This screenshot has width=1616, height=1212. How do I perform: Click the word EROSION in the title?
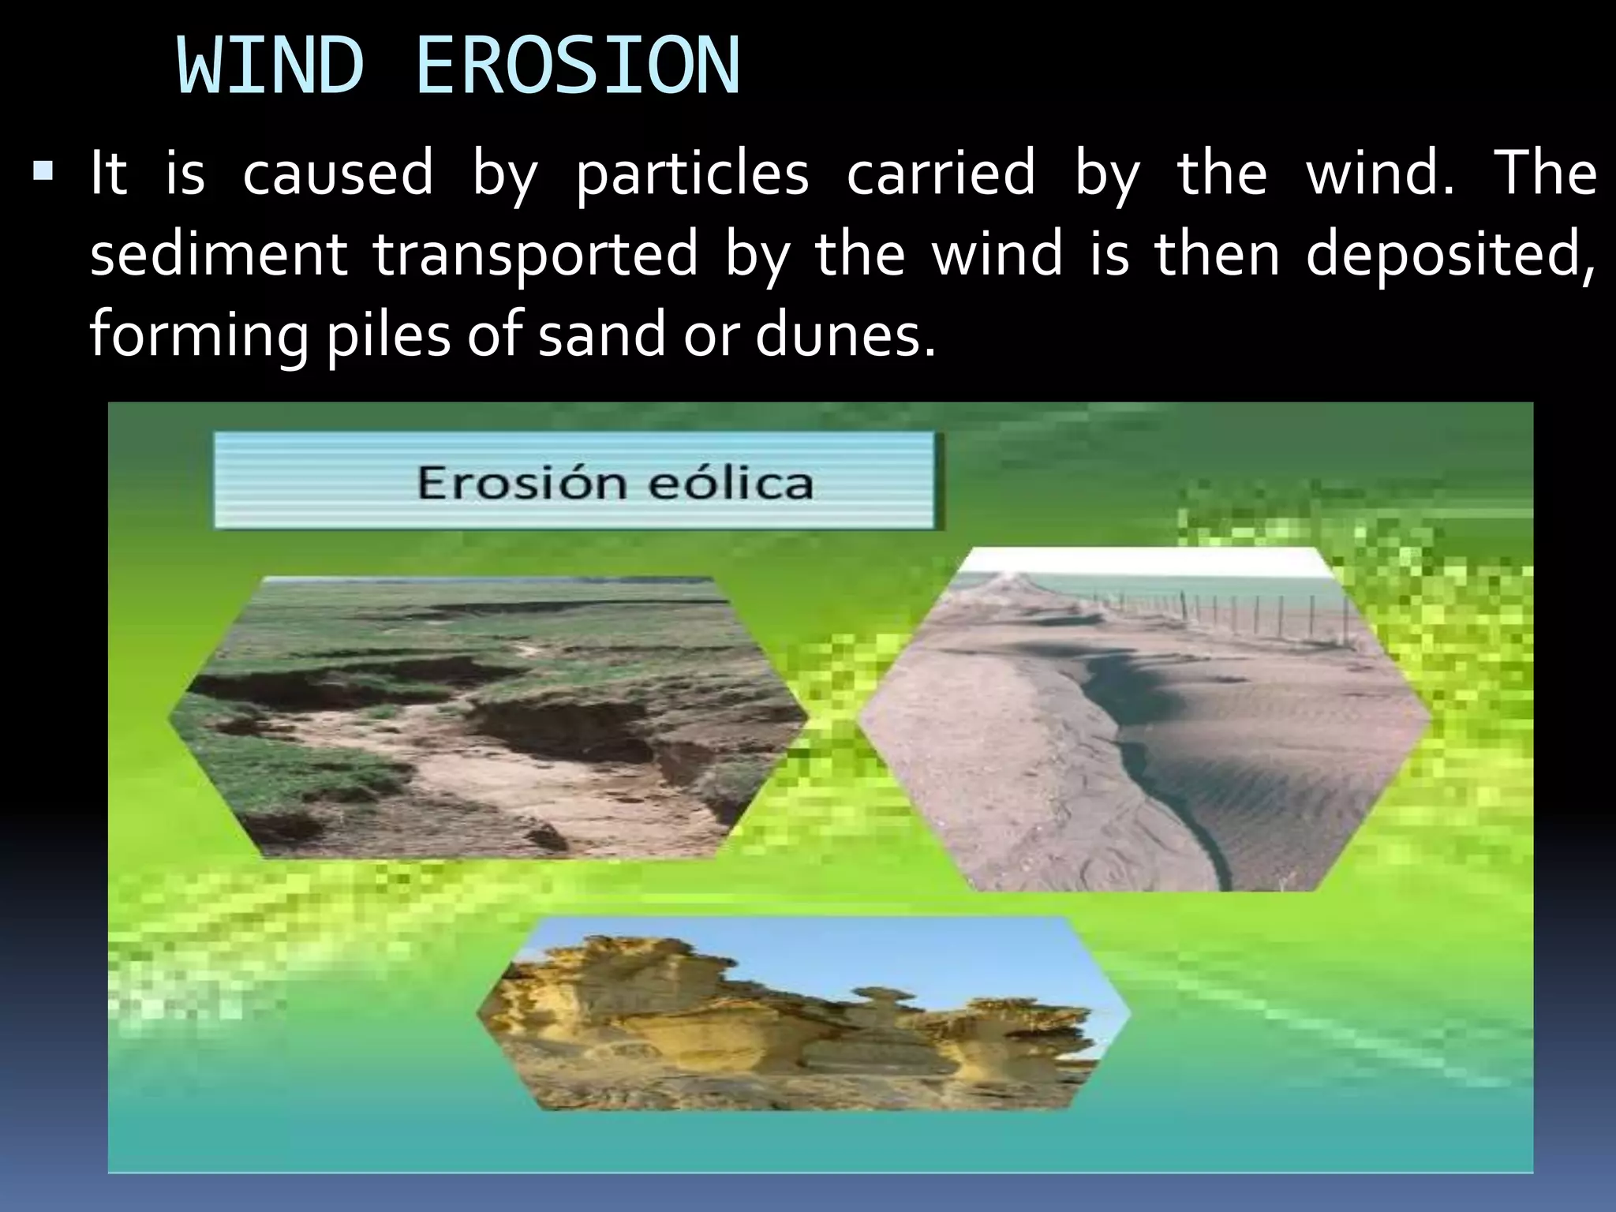tap(578, 67)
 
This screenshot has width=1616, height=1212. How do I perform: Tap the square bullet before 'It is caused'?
tap(42, 170)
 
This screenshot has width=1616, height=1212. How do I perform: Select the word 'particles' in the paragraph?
tap(692, 174)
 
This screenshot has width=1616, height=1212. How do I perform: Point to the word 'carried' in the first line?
tap(941, 173)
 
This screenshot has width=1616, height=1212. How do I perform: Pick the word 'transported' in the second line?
tap(536, 256)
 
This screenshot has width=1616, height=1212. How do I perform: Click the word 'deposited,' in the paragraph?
tap(1450, 256)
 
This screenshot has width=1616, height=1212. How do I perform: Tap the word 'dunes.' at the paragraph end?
tap(845, 335)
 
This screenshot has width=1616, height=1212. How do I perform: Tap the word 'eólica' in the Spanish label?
tap(731, 482)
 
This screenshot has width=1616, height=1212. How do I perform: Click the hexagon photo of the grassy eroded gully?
tap(488, 717)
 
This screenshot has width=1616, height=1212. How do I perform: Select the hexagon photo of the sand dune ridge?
tap(1144, 718)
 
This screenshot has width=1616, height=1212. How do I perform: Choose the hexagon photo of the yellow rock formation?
tap(803, 1014)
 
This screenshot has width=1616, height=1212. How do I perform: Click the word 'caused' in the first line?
tap(338, 173)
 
